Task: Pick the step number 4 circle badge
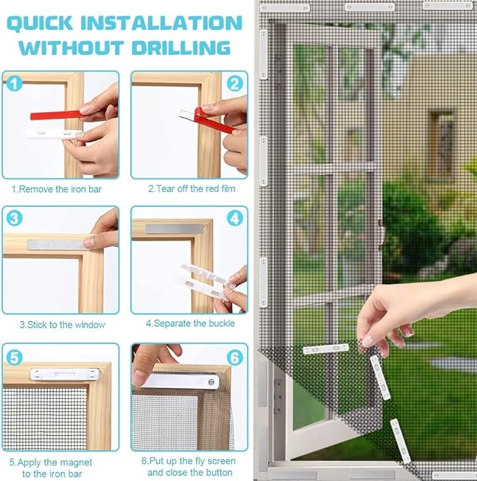(x=234, y=219)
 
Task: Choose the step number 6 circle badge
(x=234, y=357)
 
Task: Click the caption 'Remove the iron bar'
(x=60, y=189)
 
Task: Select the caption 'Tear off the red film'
(x=192, y=189)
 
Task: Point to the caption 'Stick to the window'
(x=62, y=325)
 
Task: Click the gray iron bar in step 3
(x=55, y=243)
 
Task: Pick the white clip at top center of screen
(x=370, y=6)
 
